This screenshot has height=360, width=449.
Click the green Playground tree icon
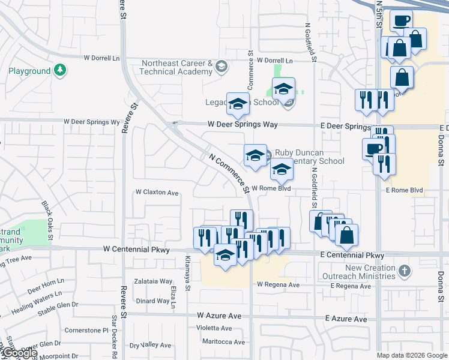tap(59, 71)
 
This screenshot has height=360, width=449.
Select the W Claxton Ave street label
tap(157, 193)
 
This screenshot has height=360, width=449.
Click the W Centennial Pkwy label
tap(137, 248)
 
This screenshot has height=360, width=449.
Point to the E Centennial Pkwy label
tap(352, 255)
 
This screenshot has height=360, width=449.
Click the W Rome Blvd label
tap(271, 188)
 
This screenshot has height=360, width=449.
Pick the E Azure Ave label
tap(346, 319)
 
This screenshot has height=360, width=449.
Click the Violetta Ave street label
tap(214, 328)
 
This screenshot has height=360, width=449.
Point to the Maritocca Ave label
tap(223, 342)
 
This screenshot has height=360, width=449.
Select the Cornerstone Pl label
tap(86, 330)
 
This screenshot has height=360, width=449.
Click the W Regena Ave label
tap(278, 284)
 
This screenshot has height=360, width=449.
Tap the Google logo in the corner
tap(19, 353)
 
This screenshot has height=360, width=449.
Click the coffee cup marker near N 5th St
tap(401, 21)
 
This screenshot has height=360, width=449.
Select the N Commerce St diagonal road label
tap(229, 173)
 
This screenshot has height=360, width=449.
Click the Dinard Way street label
tap(153, 301)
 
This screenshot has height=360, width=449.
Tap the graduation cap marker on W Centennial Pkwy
tap(226, 256)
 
